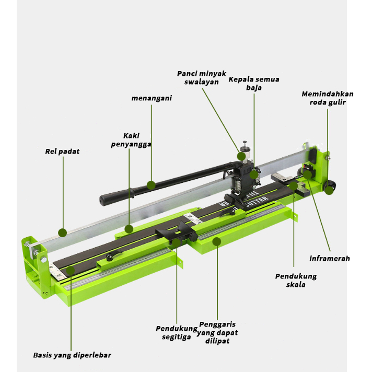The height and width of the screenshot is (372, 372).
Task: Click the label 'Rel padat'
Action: tap(62, 152)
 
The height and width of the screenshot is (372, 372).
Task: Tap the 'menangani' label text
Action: tap(152, 98)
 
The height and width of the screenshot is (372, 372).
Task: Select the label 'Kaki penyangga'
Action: tap(131, 140)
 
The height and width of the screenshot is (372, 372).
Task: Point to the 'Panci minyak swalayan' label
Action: tap(202, 77)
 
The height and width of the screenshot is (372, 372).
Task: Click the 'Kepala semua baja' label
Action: tap(254, 83)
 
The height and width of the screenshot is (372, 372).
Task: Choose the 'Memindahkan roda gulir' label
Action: tap(328, 98)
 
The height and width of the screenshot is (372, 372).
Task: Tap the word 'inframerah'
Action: tap(330, 258)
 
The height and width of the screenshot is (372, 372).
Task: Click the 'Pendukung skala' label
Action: tap(296, 280)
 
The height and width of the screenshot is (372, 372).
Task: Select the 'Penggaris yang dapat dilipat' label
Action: tap(217, 333)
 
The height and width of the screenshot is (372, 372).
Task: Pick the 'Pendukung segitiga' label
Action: tap(177, 333)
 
